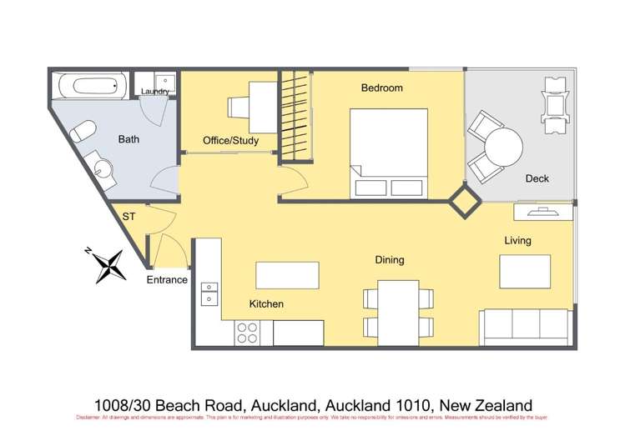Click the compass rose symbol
tap(108, 265)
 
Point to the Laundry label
tap(156, 92)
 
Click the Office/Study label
tap(231, 141)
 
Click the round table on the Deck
tap(503, 149)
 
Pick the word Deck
tap(537, 178)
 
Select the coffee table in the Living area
tap(525, 271)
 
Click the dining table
tap(397, 308)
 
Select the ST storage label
tap(129, 217)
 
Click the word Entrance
tap(167, 279)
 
